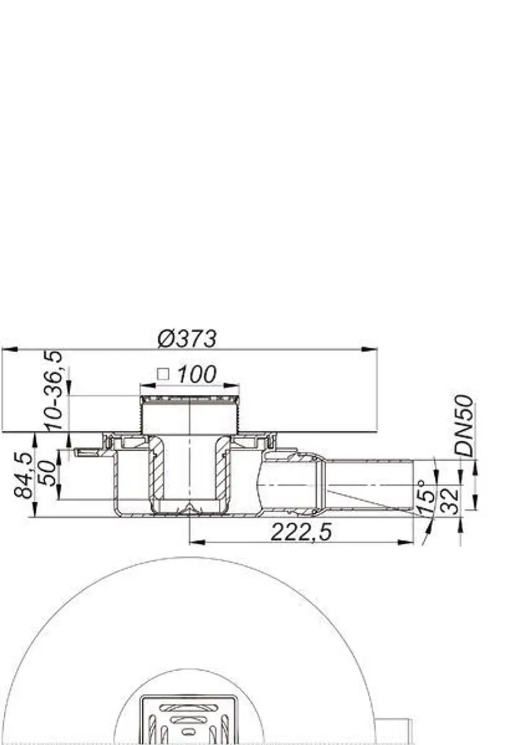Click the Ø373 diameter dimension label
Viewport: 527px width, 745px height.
(x=187, y=339)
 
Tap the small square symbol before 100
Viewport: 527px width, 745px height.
(x=163, y=374)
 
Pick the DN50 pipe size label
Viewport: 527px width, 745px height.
(x=464, y=425)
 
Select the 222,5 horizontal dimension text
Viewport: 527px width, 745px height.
(x=301, y=532)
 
